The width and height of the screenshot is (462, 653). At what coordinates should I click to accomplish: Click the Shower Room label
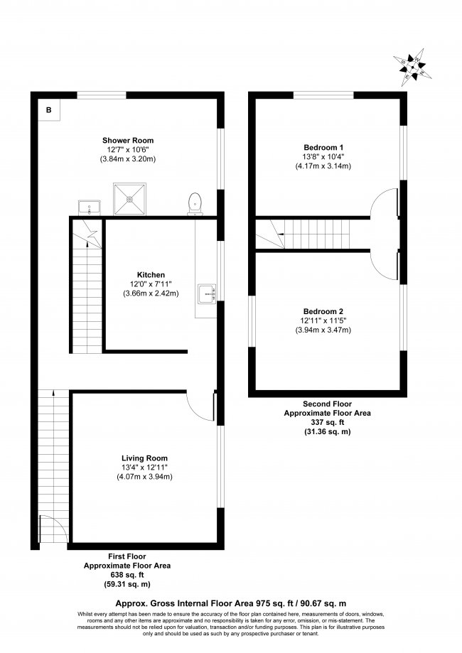(x=128, y=141)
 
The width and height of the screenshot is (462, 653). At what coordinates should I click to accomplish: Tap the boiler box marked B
(x=49, y=110)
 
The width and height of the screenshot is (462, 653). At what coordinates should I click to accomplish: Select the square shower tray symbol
(x=129, y=199)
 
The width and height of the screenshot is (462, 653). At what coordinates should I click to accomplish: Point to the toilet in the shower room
(x=195, y=204)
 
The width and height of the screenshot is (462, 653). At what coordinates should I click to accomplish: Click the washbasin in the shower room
(x=89, y=207)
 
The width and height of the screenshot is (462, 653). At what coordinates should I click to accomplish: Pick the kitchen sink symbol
(x=207, y=293)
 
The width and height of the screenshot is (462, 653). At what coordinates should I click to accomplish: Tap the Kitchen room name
(x=151, y=275)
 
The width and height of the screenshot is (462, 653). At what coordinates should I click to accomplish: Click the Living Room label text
(x=144, y=458)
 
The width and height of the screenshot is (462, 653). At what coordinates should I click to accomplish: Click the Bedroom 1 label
(x=323, y=147)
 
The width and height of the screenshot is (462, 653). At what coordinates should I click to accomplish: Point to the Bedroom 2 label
(x=323, y=311)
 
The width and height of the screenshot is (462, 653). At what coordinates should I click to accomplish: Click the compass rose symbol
(x=412, y=67)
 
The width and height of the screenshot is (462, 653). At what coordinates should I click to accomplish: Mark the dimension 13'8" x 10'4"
(x=323, y=156)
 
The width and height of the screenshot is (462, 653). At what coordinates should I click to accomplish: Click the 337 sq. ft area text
(x=328, y=422)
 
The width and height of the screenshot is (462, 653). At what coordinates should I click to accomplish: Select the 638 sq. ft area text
(x=127, y=575)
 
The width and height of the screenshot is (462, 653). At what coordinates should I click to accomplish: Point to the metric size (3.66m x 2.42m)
(x=151, y=293)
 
